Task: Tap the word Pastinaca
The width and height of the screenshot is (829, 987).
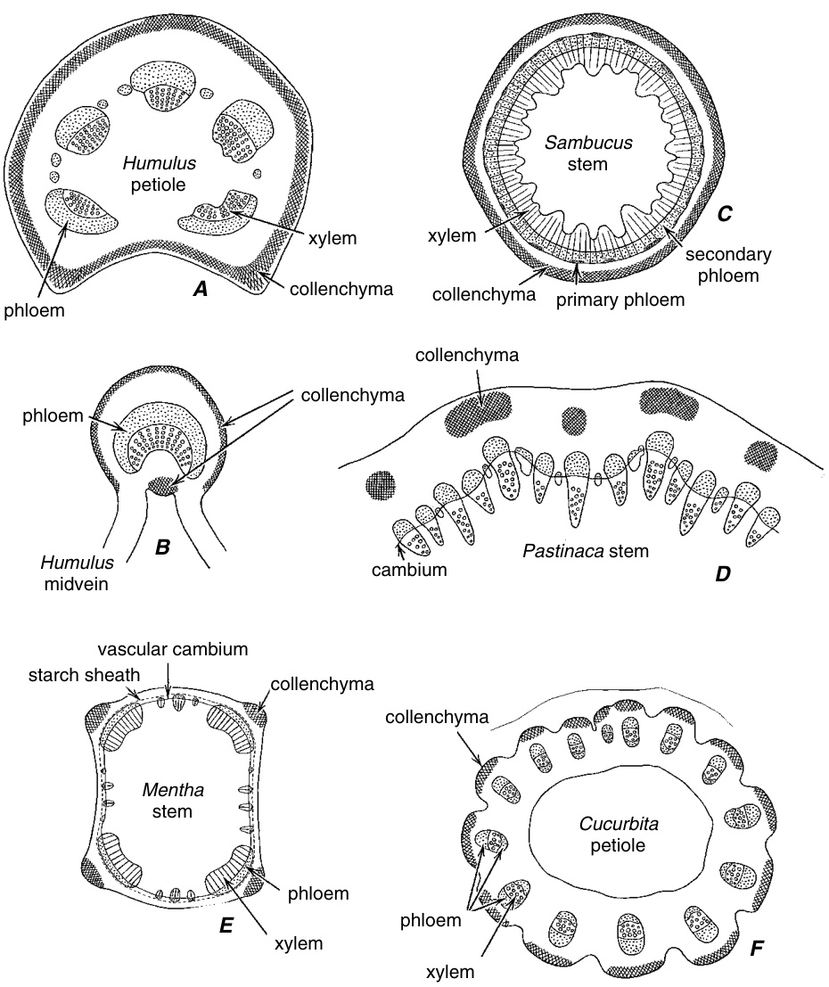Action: point(558,551)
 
